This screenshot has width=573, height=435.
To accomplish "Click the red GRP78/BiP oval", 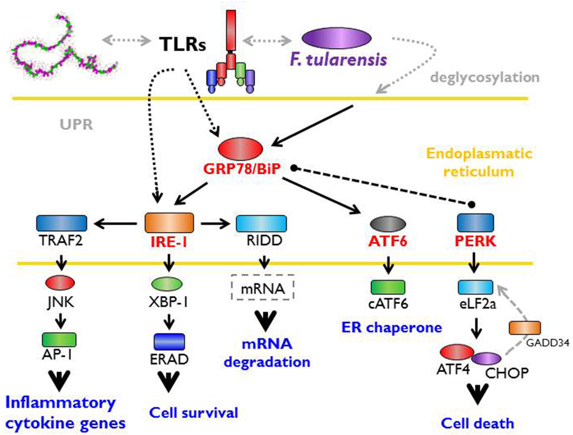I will [x=240, y=149].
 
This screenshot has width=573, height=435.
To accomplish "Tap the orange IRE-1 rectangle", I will [x=169, y=223].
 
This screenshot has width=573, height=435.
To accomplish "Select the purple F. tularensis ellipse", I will [x=336, y=39].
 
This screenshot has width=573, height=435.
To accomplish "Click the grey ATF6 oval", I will [x=388, y=223].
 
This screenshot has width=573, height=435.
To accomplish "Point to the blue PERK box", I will [x=475, y=223].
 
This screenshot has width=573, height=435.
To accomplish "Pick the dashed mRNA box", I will [x=263, y=288].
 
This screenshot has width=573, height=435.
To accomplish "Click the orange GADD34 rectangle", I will [x=524, y=328].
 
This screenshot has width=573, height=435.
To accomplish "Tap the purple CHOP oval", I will [x=486, y=358].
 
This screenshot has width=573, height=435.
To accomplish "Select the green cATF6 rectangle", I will [x=388, y=287].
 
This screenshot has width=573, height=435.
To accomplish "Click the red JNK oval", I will [x=59, y=283].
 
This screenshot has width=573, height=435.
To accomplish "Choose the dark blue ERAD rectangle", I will [x=169, y=342].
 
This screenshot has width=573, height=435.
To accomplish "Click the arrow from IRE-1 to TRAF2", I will [x=115, y=223].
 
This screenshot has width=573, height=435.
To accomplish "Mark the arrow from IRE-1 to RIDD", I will [x=215, y=223].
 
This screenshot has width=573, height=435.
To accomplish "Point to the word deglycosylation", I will [x=484, y=77].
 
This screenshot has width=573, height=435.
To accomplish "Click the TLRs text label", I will [x=182, y=44].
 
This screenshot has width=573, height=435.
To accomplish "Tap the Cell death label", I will [x=477, y=423].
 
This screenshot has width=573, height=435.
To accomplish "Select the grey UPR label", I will [x=76, y=124].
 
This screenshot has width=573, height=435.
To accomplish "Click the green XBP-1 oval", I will [x=167, y=284].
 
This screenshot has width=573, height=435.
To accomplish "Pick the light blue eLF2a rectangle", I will [x=475, y=287].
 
